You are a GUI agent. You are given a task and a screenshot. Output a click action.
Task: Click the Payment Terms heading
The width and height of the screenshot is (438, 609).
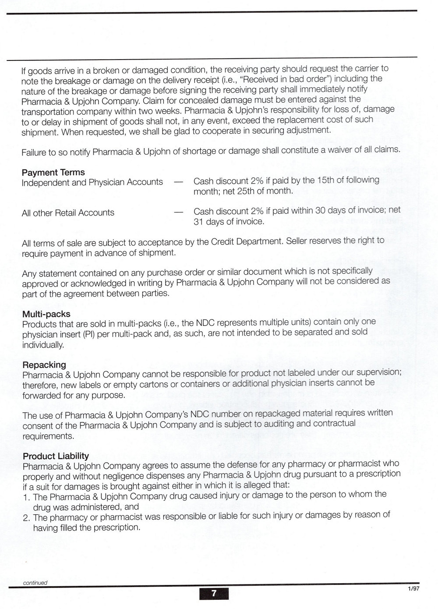click(x=53, y=172)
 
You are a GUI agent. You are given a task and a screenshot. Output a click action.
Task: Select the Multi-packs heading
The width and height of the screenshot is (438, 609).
click(x=46, y=314)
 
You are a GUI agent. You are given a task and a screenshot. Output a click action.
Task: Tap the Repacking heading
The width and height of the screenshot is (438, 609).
click(x=44, y=365)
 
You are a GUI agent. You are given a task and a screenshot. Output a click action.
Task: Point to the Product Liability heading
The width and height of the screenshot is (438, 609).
click(x=56, y=456)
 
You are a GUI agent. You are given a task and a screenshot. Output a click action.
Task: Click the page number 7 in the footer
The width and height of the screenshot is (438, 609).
click(x=214, y=593)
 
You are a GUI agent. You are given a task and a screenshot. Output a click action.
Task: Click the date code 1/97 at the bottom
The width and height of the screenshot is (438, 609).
click(x=413, y=589)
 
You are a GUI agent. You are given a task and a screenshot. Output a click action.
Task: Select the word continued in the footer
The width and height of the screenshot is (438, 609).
click(x=35, y=583)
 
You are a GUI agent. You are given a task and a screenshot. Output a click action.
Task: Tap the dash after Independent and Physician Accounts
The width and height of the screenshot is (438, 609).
click(x=178, y=182)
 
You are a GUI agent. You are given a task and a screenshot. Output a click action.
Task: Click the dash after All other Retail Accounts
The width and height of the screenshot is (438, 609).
click(x=178, y=212)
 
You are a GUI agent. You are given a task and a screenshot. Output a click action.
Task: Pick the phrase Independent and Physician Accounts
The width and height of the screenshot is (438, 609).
click(x=92, y=182)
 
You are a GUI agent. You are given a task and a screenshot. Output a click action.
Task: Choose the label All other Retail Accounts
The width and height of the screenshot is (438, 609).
click(x=68, y=213)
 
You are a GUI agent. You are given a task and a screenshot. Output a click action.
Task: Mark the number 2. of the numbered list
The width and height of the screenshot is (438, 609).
click(x=26, y=517)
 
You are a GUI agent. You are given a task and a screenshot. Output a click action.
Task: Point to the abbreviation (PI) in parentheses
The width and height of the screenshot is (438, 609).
click(x=88, y=335)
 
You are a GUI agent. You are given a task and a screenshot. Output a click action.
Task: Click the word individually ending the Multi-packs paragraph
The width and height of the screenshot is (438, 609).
click(x=43, y=345)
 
